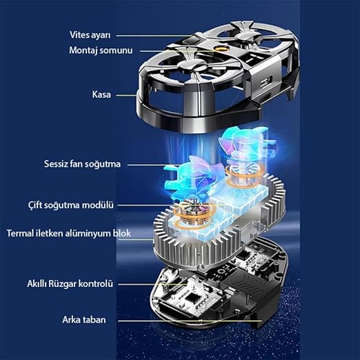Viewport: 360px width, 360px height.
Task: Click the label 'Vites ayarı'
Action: (90, 35)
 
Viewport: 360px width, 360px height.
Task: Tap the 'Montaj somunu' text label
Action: (101, 50)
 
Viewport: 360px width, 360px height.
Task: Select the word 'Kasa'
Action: (101, 94)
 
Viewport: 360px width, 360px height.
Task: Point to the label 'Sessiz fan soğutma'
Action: (82, 164)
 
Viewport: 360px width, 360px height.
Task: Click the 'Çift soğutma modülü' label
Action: (71, 205)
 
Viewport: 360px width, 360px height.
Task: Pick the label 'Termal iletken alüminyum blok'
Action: (69, 233)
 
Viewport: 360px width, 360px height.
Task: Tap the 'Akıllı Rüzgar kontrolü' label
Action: (70, 283)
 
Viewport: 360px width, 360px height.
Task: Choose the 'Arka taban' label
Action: (84, 320)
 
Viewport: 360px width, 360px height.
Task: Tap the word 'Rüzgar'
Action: (62, 283)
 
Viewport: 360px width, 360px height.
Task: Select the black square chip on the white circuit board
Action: (190, 299)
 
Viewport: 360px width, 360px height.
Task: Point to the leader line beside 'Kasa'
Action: (126, 94)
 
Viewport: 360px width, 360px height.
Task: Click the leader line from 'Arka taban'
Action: (190, 321)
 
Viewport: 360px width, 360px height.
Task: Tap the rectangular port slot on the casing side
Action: (266, 83)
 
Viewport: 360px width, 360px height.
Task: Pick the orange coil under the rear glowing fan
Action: (245, 176)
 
